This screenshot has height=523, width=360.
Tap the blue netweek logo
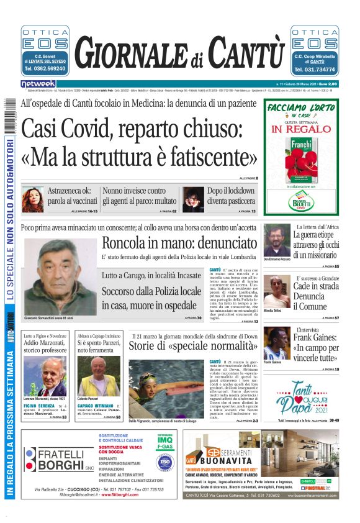pyautogui.click(x=38, y=83)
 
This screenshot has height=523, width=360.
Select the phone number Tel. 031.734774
pyautogui.click(x=314, y=70)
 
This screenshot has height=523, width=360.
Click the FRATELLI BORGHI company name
pyautogui.click(x=61, y=460)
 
